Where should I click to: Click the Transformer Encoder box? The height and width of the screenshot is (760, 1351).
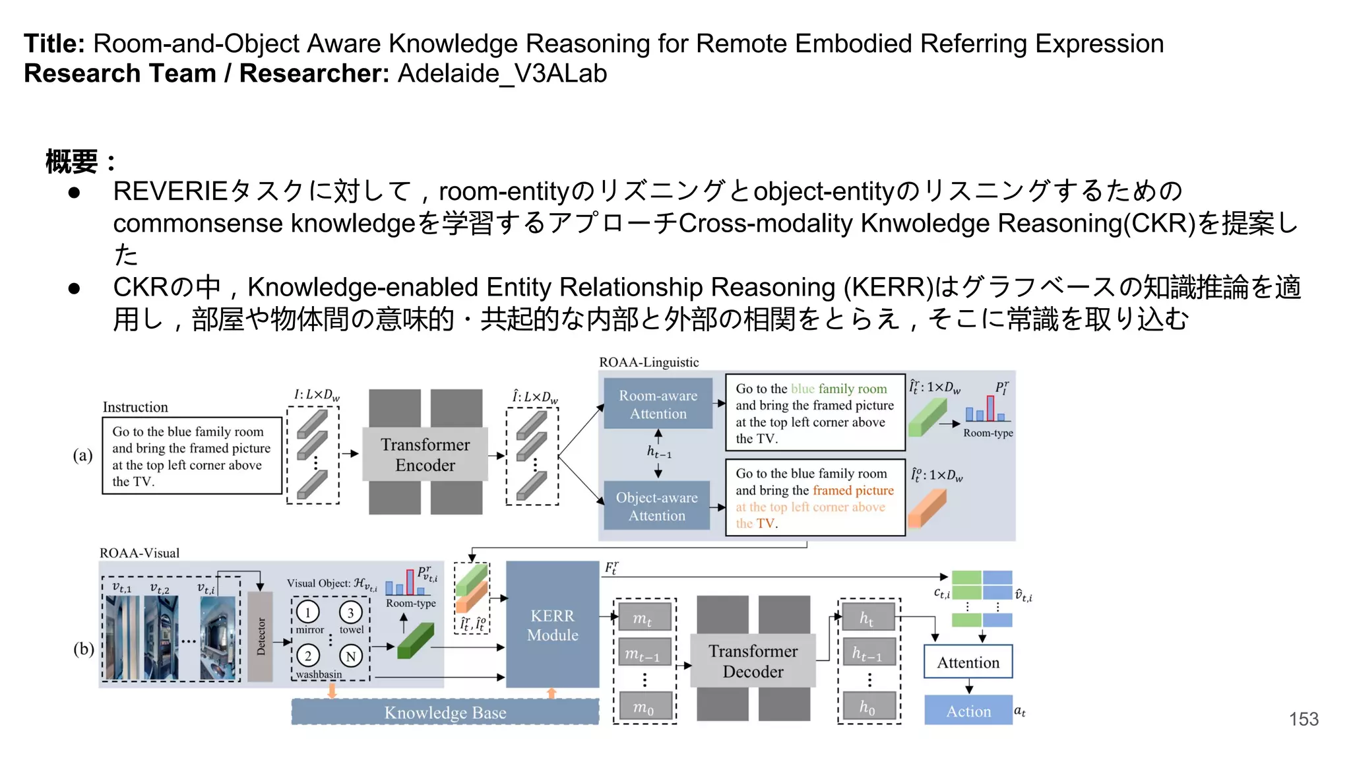point(425,455)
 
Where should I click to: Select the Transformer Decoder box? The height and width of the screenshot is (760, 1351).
point(753,661)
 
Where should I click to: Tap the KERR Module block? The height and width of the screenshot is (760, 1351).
point(552,625)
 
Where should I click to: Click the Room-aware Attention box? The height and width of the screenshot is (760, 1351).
point(658,404)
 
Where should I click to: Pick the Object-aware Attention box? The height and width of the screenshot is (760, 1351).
point(656,506)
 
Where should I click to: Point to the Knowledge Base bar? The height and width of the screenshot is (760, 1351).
point(445,712)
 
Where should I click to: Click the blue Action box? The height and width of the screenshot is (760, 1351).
point(968,711)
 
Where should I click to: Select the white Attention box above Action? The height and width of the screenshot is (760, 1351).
point(968,662)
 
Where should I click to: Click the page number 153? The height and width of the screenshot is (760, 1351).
point(1304,719)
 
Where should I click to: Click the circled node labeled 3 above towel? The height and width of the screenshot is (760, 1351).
point(350,612)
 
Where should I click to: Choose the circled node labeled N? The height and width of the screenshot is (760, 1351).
point(350,656)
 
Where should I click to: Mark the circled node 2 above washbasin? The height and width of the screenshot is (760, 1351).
point(307,656)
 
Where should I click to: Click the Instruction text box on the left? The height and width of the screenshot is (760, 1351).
point(191,456)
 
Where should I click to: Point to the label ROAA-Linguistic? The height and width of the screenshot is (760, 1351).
point(648,362)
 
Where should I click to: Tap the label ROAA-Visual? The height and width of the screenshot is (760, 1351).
point(139,553)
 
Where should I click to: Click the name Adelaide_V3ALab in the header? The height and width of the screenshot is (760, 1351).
point(502,73)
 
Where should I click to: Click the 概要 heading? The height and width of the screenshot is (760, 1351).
point(73,162)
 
